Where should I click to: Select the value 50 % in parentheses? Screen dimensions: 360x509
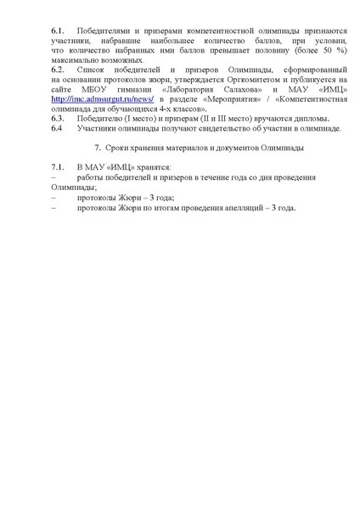pyautogui.click(x=327, y=62)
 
